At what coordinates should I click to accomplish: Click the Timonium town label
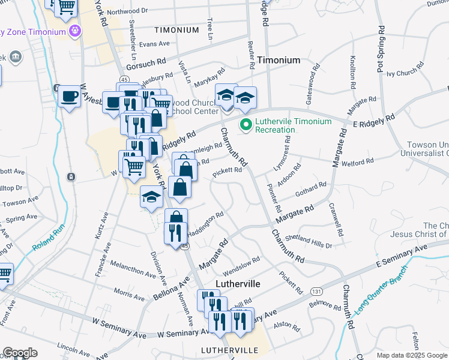tap(279, 61)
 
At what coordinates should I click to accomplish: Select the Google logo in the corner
tap(20, 353)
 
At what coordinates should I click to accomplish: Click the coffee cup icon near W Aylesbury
tap(70, 97)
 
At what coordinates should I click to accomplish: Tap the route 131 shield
tap(316, 291)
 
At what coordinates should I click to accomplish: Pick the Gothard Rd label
tap(310, 190)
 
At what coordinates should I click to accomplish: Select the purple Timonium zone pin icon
tap(74, 30)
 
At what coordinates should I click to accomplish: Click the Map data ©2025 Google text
tap(411, 355)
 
